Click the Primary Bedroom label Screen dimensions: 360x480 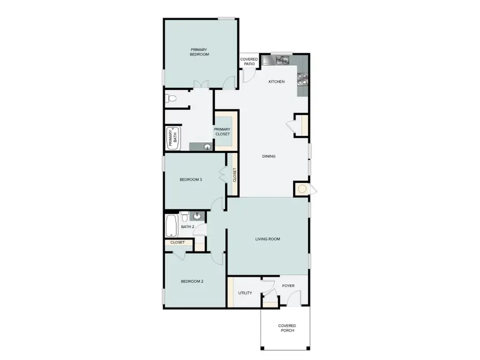point(199,52)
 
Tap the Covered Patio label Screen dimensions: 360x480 point(249,61)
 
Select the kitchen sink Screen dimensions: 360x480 point(281,60)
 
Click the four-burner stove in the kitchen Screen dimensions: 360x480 point(302,79)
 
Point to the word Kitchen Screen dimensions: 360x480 point(276,82)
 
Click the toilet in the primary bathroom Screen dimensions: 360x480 point(171,99)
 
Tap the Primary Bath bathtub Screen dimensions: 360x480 point(174,138)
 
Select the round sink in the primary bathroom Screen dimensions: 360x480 point(207,146)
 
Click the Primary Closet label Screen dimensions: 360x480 point(222,131)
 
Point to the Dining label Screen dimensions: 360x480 point(269,156)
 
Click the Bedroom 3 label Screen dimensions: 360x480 point(190,180)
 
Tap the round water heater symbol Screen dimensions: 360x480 point(302,189)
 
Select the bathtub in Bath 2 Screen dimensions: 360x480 point(171,226)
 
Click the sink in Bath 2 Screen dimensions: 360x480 point(197,217)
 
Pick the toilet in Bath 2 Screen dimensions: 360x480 point(184,217)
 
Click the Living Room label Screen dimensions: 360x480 point(268,239)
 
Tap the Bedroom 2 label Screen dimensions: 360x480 point(191,281)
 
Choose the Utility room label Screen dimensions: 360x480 point(245,292)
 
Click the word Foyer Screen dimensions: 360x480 point(288,286)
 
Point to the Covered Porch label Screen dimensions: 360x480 point(287,328)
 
